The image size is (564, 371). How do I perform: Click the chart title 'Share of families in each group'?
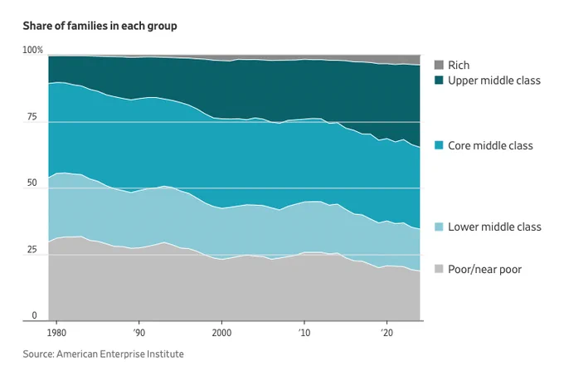[x=100, y=27]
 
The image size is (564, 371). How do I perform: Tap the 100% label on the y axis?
[x=32, y=50]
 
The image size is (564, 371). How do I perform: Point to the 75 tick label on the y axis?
[x=32, y=117]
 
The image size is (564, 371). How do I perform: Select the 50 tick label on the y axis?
[x=32, y=183]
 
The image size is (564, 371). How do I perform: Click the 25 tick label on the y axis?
[x=32, y=249]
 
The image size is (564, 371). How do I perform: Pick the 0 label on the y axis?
[x=34, y=315]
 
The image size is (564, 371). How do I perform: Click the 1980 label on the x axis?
[x=56, y=333]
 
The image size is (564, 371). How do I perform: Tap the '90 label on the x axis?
[x=139, y=333]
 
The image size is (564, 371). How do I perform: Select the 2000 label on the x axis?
[x=221, y=333]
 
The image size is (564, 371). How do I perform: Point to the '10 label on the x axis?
[x=304, y=333]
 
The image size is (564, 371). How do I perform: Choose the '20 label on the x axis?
[x=387, y=333]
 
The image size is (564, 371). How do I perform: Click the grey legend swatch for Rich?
[x=439, y=65]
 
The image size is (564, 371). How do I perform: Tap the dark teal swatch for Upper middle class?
[x=439, y=80]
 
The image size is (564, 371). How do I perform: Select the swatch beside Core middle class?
[x=439, y=145]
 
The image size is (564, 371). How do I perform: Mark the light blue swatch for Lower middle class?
[x=439, y=227]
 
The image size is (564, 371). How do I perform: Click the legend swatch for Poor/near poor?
[x=439, y=269]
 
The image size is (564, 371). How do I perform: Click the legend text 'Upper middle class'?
[x=494, y=81]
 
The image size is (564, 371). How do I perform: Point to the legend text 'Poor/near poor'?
[x=484, y=269]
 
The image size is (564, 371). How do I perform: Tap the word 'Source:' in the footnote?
[x=38, y=354]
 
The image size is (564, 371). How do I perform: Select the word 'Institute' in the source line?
[x=167, y=354]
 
